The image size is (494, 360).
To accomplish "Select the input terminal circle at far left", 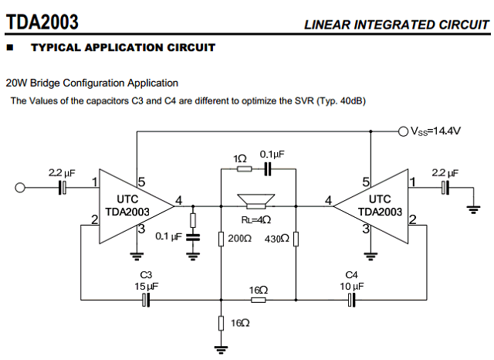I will tap(21, 187).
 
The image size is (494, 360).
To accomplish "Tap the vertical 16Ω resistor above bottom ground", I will tap(222, 322).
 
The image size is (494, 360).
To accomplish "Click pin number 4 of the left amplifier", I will tap(179, 202).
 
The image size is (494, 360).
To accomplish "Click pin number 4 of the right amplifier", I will tap(329, 202).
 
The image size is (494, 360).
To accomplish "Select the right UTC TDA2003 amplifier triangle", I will tap(379, 205).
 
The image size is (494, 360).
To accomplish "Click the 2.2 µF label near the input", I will tap(62, 172).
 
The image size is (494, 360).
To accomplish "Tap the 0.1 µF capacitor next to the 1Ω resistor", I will tap(267, 168).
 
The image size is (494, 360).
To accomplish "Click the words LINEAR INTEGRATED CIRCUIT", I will tap(396, 25).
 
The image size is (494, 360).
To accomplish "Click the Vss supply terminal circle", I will tap(402, 131).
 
